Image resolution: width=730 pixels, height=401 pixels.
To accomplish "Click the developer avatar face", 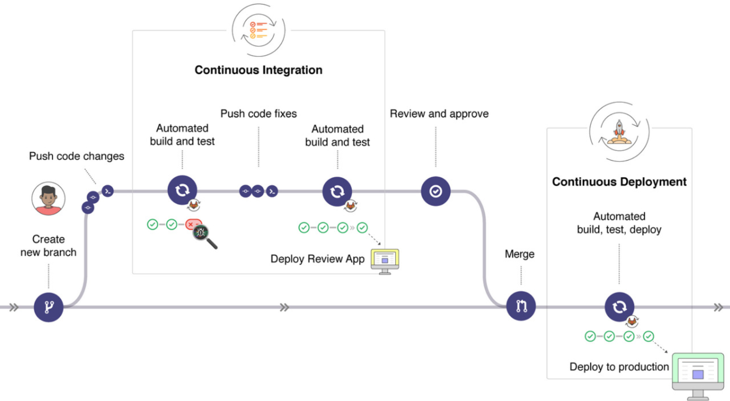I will pyautogui.click(x=48, y=198).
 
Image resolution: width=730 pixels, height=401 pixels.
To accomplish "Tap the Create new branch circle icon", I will pyautogui.click(x=49, y=307).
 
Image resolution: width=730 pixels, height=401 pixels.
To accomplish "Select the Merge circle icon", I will pyautogui.click(x=521, y=306).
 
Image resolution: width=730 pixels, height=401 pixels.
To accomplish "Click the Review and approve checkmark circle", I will pyautogui.click(x=436, y=191).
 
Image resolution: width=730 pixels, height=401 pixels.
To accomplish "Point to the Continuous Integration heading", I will pyautogui.click(x=258, y=70).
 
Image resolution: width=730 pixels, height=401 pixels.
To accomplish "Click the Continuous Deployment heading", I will pyautogui.click(x=619, y=182).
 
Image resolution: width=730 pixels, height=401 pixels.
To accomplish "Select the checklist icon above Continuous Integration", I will pyautogui.click(x=259, y=30).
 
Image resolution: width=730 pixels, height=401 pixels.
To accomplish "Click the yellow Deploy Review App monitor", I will pyautogui.click(x=385, y=261).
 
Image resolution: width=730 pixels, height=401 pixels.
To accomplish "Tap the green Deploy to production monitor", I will pyautogui.click(x=697, y=372).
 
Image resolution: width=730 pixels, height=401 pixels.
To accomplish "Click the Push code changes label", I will pyautogui.click(x=77, y=156).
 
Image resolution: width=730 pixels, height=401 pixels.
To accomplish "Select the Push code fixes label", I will pyautogui.click(x=259, y=113).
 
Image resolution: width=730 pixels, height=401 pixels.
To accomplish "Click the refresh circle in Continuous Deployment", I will pyautogui.click(x=619, y=306).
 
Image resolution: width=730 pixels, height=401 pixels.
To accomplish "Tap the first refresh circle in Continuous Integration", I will pyautogui.click(x=182, y=190).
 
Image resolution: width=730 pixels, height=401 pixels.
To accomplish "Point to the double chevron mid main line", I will pyautogui.click(x=284, y=307).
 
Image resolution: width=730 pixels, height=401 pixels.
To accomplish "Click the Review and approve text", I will pyautogui.click(x=439, y=113).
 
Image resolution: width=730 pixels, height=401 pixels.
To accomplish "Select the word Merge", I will pyautogui.click(x=520, y=254).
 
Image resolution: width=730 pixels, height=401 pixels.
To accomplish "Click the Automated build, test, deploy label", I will pyautogui.click(x=619, y=223).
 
